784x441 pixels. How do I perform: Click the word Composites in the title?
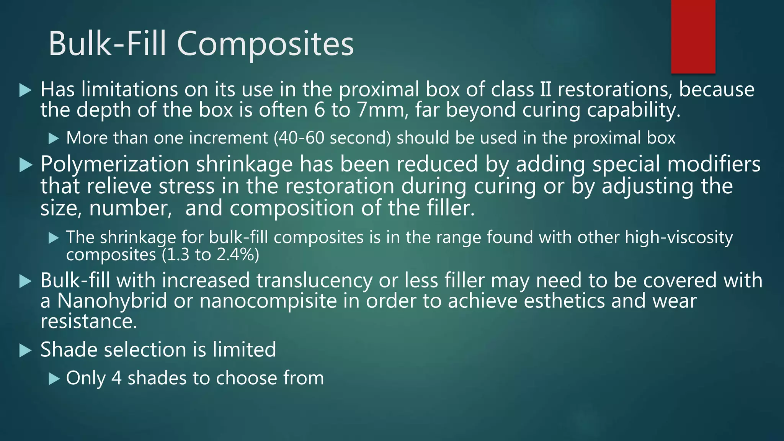[265, 44]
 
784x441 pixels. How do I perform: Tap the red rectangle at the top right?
[693, 36]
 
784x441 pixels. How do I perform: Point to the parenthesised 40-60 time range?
[293, 138]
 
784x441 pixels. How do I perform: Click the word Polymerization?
[114, 165]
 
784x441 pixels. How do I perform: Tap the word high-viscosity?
[679, 237]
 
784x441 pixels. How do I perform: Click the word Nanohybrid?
[112, 301]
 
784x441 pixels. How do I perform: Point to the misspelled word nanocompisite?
[268, 301]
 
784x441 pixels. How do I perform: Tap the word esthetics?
[564, 301]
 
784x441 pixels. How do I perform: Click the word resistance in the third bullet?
[88, 321]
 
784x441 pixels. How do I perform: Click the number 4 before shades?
[116, 378]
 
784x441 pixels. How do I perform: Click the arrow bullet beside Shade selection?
[25, 350]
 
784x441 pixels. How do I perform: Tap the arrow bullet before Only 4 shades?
[54, 379]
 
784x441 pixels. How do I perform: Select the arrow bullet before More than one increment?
[54, 139]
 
